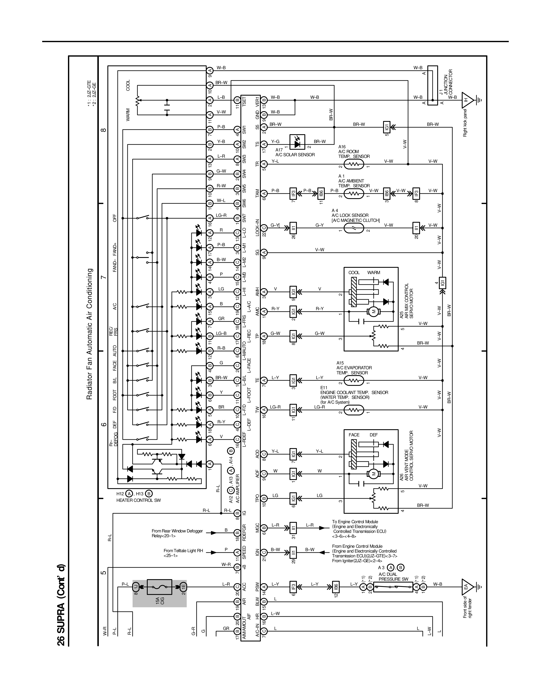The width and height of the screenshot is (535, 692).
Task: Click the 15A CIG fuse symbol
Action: (x=159, y=587)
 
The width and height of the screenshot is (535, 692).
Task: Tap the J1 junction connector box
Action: (x=432, y=86)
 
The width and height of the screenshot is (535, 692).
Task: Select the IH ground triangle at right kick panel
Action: (x=467, y=100)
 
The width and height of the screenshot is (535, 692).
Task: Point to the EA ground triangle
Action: (x=467, y=587)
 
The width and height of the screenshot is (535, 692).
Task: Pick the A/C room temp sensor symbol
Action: (x=354, y=164)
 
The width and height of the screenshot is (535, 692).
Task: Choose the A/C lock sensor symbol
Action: (x=354, y=228)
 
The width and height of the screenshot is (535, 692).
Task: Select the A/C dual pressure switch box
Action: (x=391, y=587)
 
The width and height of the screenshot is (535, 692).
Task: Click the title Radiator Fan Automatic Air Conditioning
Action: (x=90, y=334)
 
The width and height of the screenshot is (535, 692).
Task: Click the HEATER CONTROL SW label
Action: (x=138, y=500)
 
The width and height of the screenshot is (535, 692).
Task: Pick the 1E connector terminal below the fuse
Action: (x=183, y=587)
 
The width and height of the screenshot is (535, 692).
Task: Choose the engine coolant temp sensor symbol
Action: (x=354, y=410)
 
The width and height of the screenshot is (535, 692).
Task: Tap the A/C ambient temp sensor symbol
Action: (x=354, y=193)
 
